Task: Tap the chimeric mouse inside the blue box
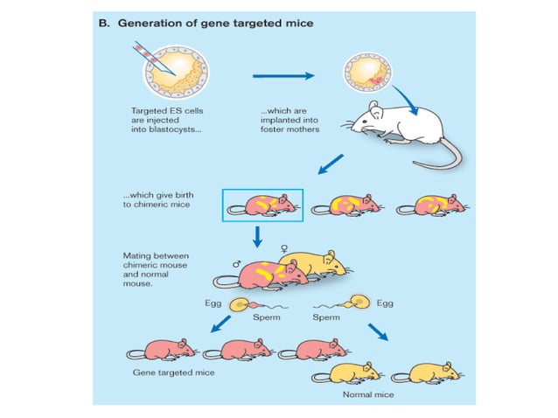264,204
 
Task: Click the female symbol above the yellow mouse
282,247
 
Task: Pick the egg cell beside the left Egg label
237,305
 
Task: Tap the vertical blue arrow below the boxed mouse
258,236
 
